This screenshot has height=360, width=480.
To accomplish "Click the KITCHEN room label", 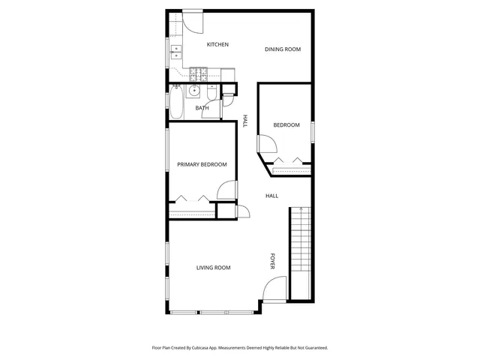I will (x=217, y=45).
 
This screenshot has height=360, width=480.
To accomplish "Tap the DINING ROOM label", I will (x=283, y=49).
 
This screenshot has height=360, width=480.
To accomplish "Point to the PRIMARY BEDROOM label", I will (x=202, y=165).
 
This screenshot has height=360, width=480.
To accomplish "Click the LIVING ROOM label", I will (x=213, y=268).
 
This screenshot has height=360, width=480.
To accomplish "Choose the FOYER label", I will (x=272, y=260).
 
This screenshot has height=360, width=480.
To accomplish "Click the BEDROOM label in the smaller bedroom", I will (x=286, y=125).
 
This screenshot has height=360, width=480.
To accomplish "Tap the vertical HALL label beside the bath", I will (x=245, y=121).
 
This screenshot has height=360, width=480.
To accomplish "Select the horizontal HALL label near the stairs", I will (x=271, y=196).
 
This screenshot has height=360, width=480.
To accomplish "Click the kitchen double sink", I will (x=176, y=52).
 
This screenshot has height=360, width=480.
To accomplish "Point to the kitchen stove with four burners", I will (x=199, y=73).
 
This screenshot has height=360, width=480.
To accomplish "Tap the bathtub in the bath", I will (x=176, y=103).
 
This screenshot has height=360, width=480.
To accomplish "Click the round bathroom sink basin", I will (x=193, y=91).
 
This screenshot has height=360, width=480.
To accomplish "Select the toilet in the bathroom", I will (x=213, y=93).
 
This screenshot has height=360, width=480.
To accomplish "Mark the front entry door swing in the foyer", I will (x=275, y=289).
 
